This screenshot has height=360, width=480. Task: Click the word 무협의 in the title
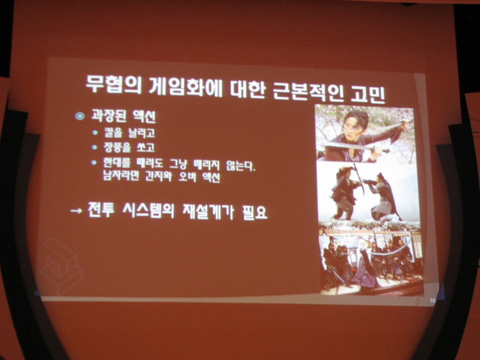point(113,84)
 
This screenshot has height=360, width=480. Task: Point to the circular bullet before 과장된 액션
point(80,116)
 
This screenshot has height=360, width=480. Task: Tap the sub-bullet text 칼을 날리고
point(129,133)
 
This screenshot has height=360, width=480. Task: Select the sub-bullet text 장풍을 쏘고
point(129,147)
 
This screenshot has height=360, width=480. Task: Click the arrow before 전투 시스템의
point(76,210)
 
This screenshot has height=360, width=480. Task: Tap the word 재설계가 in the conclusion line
point(208,211)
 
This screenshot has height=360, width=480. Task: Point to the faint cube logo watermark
point(61,266)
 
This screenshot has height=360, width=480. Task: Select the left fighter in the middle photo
point(345,193)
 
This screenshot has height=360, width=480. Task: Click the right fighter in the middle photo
point(382,196)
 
